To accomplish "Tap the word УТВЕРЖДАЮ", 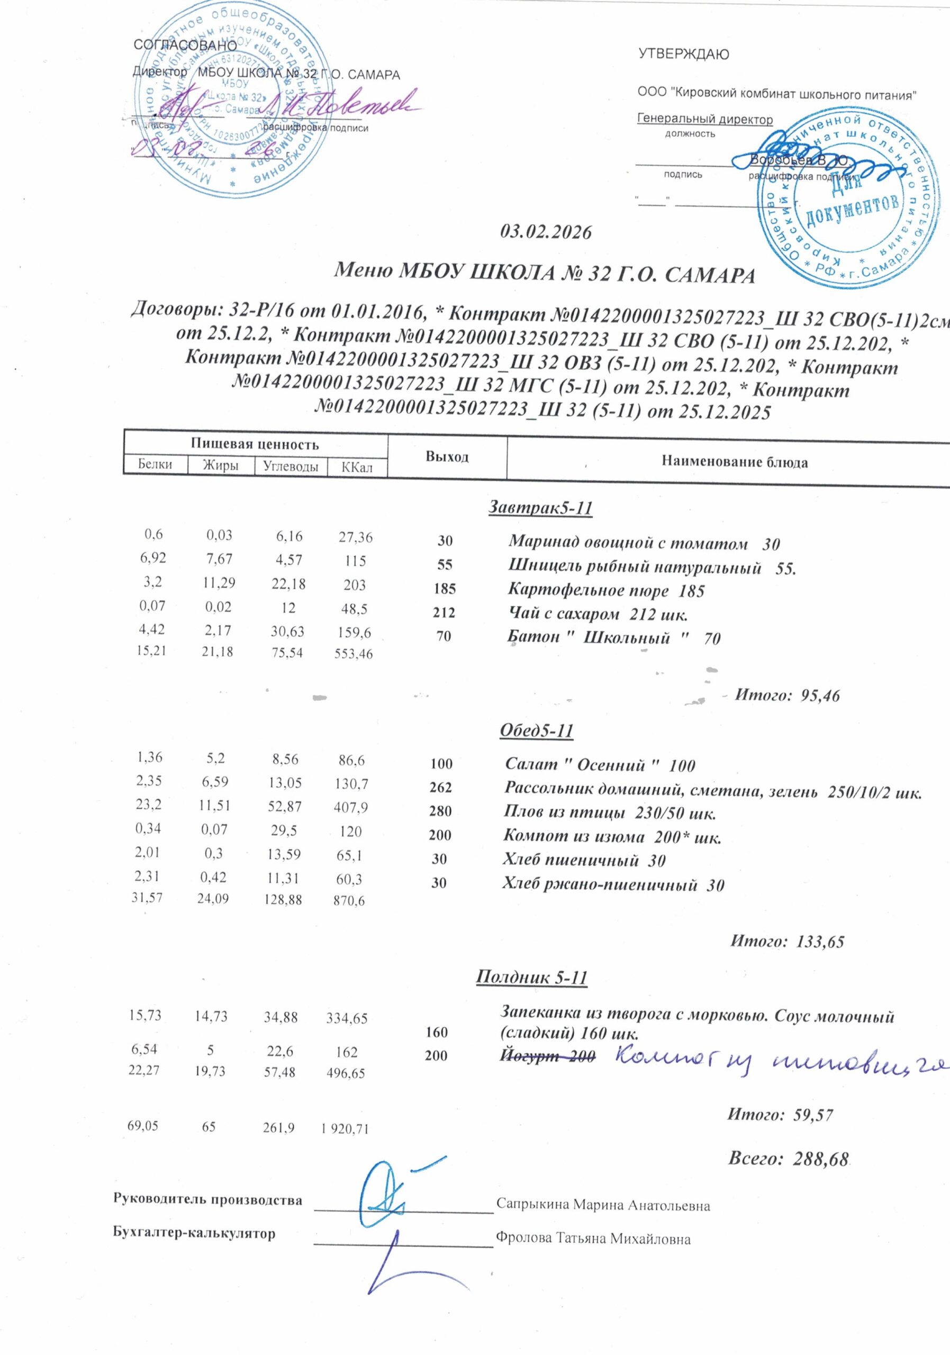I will (684, 55).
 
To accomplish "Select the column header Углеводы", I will (291, 466).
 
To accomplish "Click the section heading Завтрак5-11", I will (540, 508).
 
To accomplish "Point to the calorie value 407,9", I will (351, 807).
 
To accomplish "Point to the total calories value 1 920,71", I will (345, 1129).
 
